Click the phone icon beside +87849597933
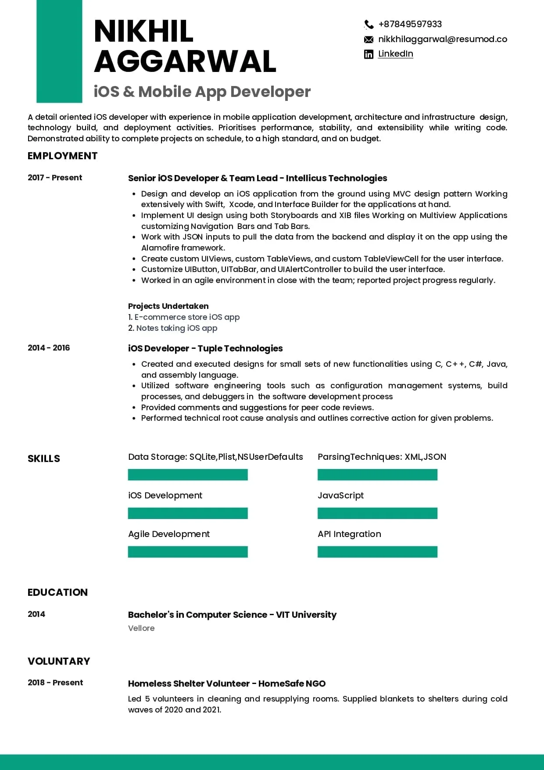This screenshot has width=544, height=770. click(369, 25)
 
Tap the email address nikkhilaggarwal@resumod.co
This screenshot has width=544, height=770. click(442, 39)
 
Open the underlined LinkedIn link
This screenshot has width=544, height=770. click(395, 54)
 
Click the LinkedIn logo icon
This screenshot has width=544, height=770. click(369, 54)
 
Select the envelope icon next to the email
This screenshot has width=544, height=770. click(369, 39)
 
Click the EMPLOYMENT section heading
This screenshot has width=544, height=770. click(62, 156)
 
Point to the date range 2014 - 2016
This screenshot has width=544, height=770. click(49, 348)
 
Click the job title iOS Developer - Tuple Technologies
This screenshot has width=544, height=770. click(205, 348)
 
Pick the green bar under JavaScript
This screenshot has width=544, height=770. click(377, 513)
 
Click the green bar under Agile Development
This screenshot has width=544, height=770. click(188, 552)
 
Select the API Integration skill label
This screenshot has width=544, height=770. click(349, 534)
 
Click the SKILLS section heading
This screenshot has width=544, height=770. click(44, 458)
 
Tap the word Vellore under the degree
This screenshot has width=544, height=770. click(141, 628)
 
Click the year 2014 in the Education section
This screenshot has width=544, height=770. click(36, 614)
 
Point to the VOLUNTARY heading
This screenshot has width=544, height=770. click(59, 661)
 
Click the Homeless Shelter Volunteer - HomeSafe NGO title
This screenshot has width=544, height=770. click(227, 684)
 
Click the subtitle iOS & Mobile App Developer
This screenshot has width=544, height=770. click(202, 92)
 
